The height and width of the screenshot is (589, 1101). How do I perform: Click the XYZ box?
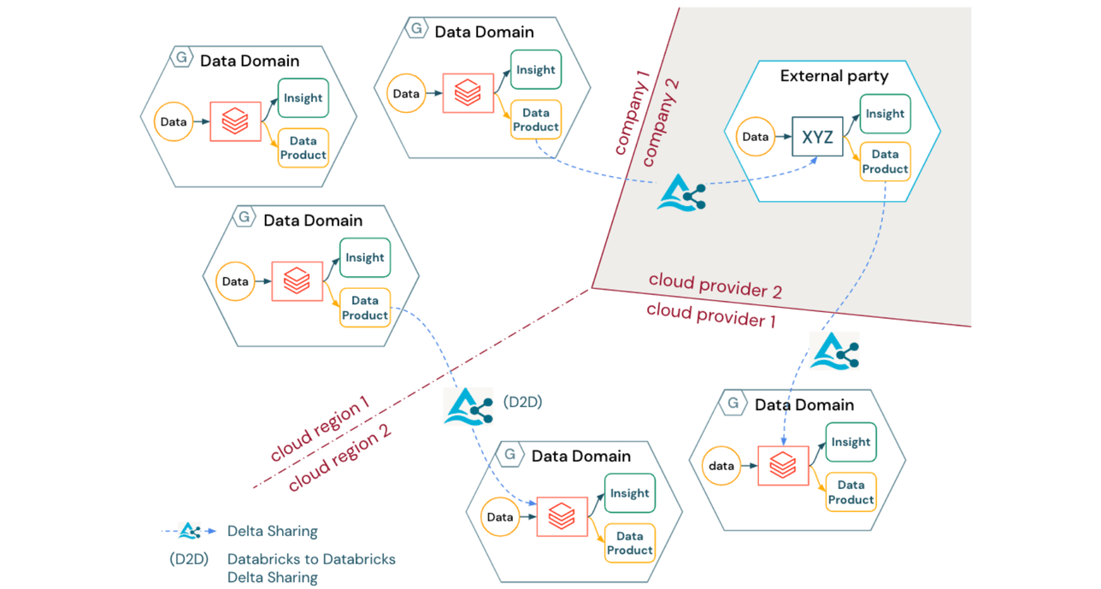pos(817,137)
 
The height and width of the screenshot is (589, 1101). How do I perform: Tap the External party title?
pos(833,76)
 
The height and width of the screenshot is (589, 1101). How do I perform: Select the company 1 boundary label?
pos(633,114)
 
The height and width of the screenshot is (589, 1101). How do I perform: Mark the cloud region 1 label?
pos(320,428)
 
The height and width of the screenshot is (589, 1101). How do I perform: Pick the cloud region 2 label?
pos(339,457)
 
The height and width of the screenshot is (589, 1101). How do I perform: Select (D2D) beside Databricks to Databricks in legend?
pos(189,560)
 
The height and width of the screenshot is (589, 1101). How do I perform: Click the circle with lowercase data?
pos(721,467)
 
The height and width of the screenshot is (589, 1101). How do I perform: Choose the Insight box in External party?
pos(885,114)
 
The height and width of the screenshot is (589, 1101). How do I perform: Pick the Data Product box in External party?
pos(885,162)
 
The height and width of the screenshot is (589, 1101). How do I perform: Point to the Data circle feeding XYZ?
pos(755,137)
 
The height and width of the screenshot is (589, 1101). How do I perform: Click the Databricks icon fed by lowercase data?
pos(783,466)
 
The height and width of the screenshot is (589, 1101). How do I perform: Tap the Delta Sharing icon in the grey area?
pos(681,192)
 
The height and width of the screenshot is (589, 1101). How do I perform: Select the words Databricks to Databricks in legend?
pos(311,560)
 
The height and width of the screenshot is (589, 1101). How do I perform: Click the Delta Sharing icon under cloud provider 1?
pos(833,351)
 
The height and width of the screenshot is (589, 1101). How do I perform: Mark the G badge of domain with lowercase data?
pos(733,403)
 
